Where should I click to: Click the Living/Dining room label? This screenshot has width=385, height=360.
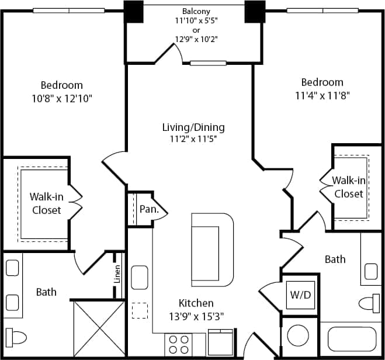[193, 127]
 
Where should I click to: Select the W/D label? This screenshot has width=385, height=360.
[300, 295]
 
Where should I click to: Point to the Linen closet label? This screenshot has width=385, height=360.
[118, 274]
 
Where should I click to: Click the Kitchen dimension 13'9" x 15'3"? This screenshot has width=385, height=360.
[196, 316]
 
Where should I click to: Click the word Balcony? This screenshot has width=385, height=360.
[196, 11]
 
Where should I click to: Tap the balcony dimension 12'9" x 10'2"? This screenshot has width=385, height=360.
[196, 40]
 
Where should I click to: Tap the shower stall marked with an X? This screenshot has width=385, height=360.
[97, 327]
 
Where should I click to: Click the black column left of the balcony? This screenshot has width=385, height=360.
[134, 12]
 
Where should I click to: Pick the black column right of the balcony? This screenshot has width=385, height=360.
[255, 12]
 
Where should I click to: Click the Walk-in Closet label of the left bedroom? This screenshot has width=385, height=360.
[46, 203]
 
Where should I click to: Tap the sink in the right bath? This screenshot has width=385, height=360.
[370, 271]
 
